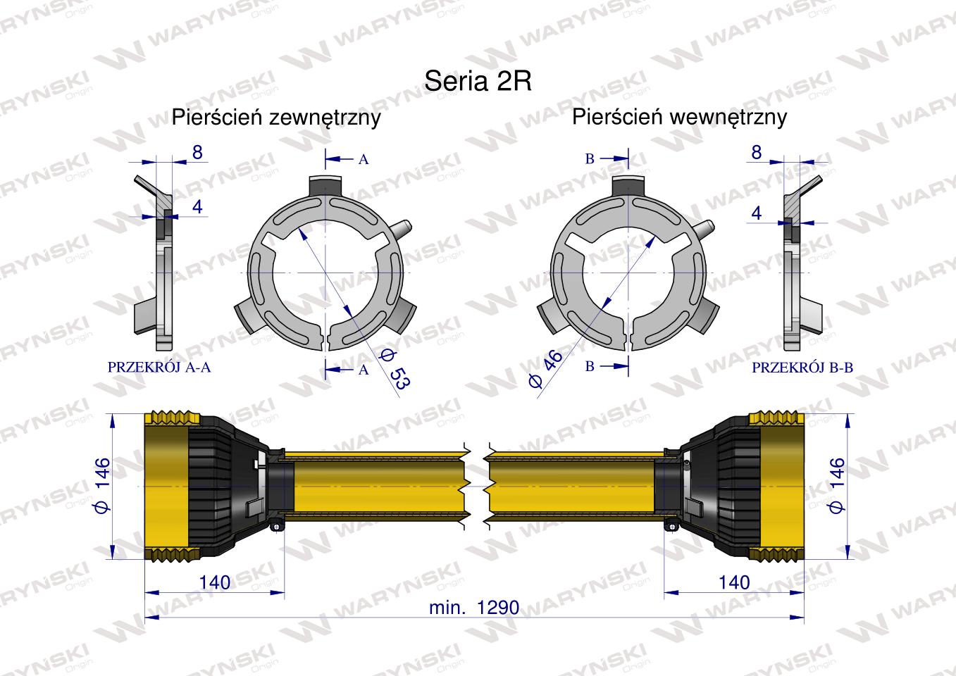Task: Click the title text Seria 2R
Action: pos(478,80)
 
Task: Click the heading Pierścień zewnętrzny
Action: pos(276,118)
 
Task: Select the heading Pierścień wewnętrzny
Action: pos(679,118)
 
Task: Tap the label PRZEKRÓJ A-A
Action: pos(159,367)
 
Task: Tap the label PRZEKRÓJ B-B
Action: pos(802,367)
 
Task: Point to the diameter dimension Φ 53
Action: pos(395,368)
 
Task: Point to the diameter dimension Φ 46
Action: pos(546,368)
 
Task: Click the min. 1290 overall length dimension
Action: pos(474,607)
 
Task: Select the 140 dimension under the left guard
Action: pos(215,582)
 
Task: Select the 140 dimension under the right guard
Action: pos(734,582)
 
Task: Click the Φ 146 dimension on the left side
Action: pos(103,485)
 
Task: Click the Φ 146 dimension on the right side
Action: pos(836,485)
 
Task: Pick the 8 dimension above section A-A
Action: pos(197,152)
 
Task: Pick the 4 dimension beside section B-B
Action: pos(756,213)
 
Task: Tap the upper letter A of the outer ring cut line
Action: pos(364,160)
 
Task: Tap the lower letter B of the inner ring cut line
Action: pos(590,366)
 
